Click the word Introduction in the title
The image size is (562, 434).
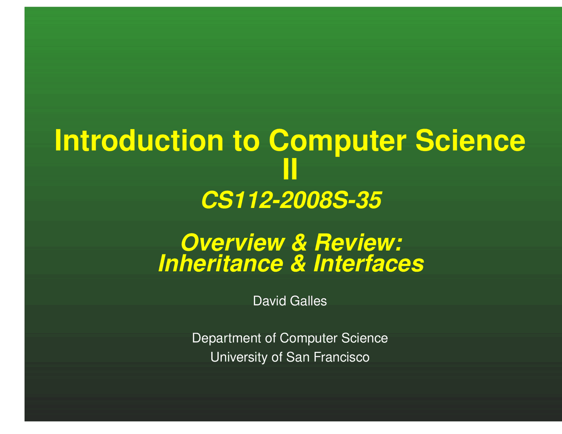[x=139, y=140]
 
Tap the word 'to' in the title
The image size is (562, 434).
[x=246, y=141]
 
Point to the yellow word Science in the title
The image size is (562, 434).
[x=470, y=140]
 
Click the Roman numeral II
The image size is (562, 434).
[x=290, y=169]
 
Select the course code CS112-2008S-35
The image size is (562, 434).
[x=291, y=200]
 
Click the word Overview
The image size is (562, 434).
[x=233, y=243]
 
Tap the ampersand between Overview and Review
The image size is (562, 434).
[x=299, y=243]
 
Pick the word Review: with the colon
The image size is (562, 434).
[x=358, y=243]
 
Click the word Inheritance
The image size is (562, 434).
[x=220, y=264]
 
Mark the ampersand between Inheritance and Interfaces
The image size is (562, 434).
[x=298, y=264]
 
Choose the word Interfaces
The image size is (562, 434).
[x=369, y=264]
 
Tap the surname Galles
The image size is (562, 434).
[x=308, y=301]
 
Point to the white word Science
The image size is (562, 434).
[x=364, y=338]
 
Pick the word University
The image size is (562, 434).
[x=239, y=358]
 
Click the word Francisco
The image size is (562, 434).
[x=342, y=357]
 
